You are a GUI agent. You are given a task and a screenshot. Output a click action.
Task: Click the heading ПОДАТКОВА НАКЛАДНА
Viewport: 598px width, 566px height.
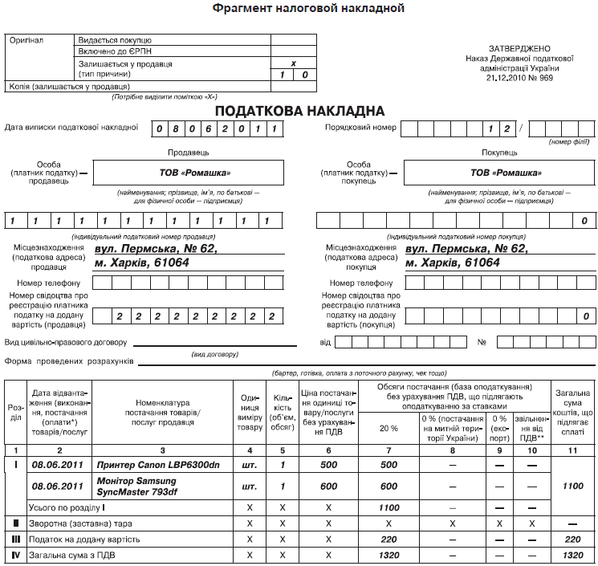click(x=299, y=110)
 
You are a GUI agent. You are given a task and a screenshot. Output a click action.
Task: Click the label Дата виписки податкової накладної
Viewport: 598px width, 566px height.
click(x=71, y=127)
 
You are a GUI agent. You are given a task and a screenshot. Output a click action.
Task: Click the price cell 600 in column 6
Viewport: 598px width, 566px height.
click(x=329, y=486)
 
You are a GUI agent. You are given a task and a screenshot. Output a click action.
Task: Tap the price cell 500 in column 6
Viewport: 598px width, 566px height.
click(x=329, y=464)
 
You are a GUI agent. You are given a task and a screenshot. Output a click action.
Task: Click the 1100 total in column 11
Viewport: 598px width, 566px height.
click(x=572, y=486)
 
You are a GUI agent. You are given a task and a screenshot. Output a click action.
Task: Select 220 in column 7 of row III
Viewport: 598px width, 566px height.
click(x=388, y=539)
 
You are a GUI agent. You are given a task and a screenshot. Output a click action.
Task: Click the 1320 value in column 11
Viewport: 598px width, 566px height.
click(x=572, y=555)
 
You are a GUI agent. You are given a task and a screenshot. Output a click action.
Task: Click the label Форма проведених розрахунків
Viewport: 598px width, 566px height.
click(x=68, y=360)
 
